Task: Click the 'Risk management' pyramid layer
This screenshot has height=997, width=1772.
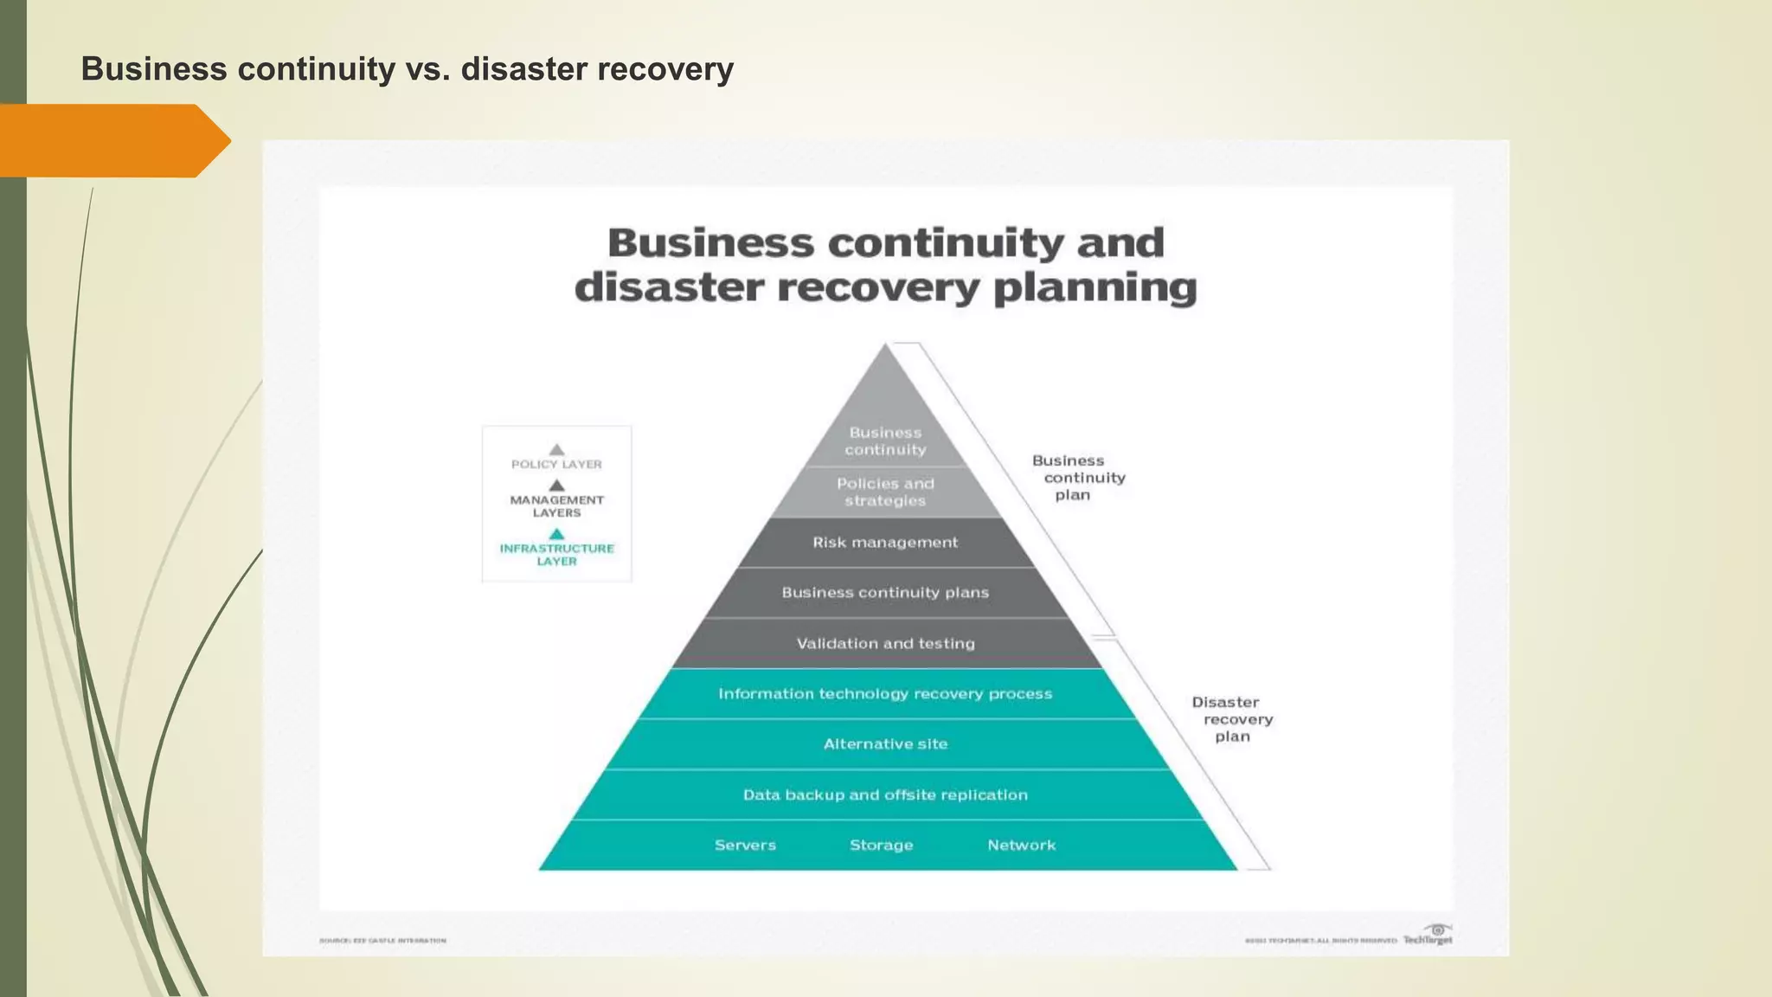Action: point(885,543)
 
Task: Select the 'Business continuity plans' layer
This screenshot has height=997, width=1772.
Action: point(885,593)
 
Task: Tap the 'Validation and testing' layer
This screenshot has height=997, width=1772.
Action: point(885,643)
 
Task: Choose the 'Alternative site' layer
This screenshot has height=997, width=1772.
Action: point(885,744)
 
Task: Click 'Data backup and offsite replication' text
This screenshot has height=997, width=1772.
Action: point(885,794)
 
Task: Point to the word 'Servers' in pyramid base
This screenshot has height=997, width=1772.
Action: point(745,845)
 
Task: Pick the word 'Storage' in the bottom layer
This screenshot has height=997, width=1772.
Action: point(881,845)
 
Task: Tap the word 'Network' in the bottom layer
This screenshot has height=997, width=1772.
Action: point(1021,845)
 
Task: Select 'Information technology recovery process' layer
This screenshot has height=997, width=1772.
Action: point(885,694)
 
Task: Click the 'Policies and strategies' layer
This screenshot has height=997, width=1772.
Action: point(885,492)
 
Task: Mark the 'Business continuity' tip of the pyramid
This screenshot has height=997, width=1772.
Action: point(885,441)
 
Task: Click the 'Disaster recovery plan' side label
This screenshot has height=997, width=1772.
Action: point(1232,719)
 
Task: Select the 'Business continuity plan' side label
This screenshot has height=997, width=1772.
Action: point(1078,478)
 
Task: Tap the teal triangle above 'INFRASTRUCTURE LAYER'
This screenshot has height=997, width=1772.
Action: point(556,534)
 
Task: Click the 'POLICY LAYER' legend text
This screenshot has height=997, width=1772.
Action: point(556,465)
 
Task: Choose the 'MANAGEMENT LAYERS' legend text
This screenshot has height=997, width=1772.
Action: point(556,506)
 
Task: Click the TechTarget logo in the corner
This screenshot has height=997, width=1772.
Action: point(1429,937)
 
